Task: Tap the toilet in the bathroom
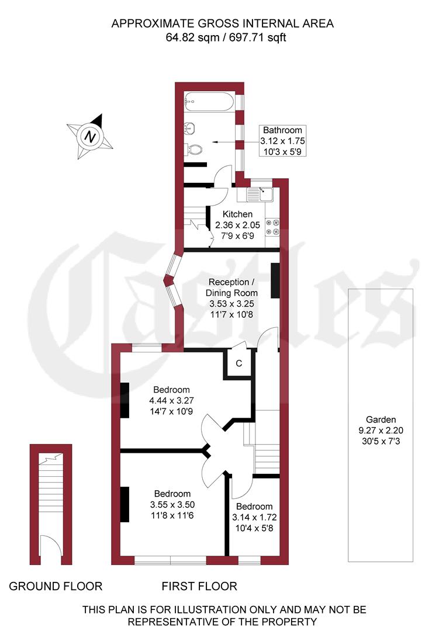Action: coord(193,149)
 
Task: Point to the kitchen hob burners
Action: coord(272,227)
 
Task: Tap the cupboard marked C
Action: coord(238,363)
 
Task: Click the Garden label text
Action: coord(381,419)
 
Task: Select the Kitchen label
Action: coord(237,214)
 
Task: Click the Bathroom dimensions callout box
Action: coord(283,141)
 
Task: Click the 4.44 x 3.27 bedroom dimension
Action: coord(172,400)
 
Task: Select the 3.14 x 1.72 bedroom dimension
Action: coord(254,517)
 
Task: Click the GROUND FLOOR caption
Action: coord(56,586)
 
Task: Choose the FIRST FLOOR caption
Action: coord(199,586)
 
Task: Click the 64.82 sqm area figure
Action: coord(186,38)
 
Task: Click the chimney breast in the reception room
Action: coord(275,280)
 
